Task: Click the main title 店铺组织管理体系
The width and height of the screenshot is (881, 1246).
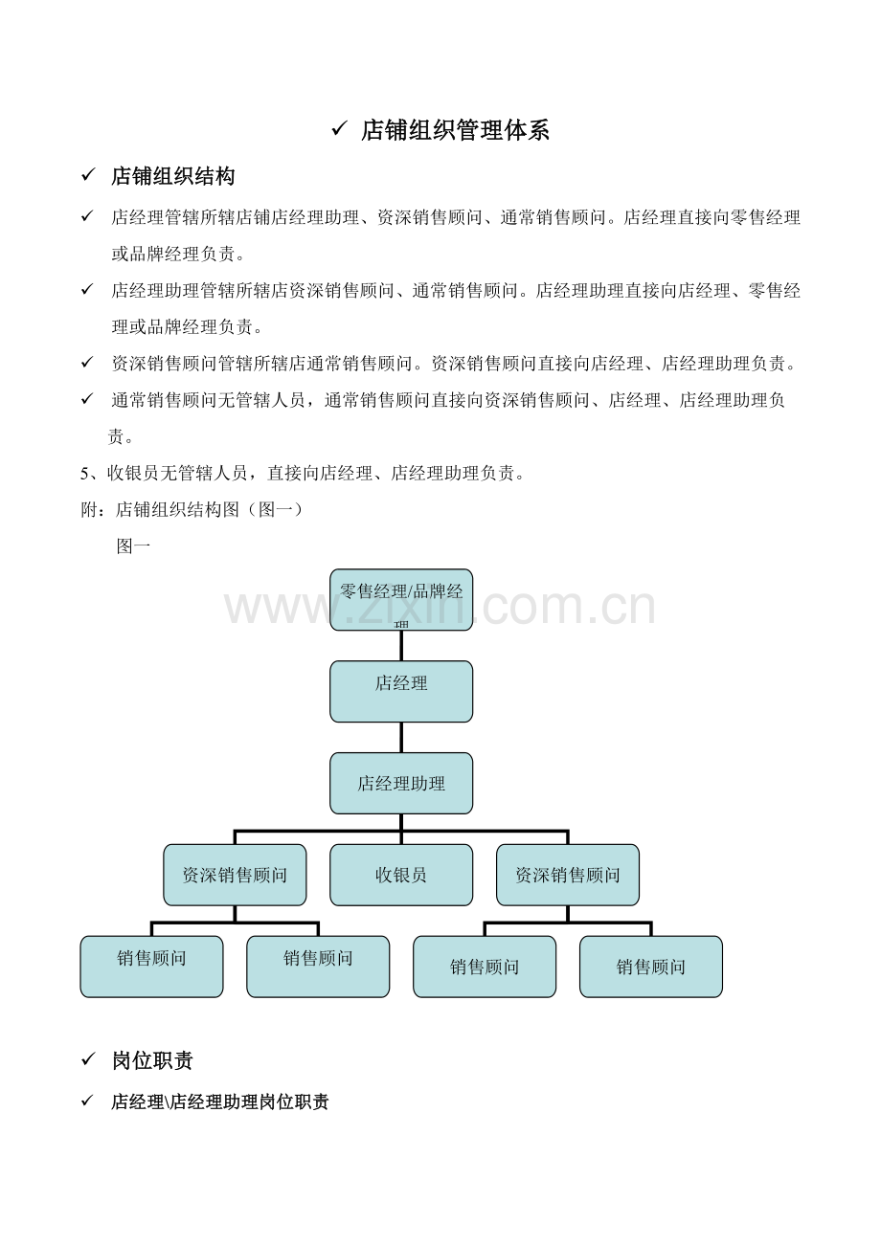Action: [455, 130]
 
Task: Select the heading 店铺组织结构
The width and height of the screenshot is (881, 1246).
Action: [172, 176]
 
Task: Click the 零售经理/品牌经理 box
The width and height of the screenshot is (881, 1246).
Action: [401, 600]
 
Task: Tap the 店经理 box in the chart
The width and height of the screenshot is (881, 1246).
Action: [401, 691]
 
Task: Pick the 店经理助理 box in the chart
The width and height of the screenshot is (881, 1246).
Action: [401, 783]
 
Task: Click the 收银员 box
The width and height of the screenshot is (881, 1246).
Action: [401, 875]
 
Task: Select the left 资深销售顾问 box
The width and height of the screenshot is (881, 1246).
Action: [235, 875]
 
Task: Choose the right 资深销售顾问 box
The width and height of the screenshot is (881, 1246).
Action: [568, 875]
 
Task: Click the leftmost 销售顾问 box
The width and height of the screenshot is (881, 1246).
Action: [151, 967]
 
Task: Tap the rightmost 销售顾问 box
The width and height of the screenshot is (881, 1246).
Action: [651, 967]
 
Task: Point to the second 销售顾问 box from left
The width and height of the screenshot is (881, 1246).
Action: [318, 967]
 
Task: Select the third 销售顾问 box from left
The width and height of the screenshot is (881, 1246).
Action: [485, 967]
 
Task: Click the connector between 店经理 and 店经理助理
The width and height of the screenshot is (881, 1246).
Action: [401, 738]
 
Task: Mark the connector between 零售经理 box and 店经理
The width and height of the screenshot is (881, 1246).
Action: [401, 646]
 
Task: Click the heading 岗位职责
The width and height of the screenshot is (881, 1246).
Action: [152, 1060]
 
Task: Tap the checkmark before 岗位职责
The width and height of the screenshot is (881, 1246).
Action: [88, 1059]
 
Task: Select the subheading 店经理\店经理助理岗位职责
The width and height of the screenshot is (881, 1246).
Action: [220, 1101]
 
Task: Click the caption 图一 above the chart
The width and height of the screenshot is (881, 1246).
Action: [133, 546]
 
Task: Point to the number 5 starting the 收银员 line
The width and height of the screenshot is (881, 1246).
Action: [84, 474]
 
